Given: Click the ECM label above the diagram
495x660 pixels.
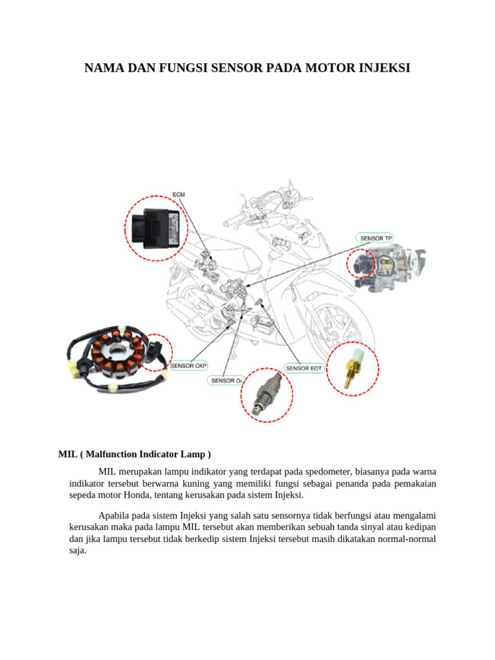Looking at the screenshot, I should click(179, 194).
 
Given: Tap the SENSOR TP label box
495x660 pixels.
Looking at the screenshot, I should click(376, 238).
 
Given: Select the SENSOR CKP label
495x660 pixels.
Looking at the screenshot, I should click(189, 366).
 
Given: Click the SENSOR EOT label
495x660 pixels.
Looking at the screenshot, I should click(304, 368).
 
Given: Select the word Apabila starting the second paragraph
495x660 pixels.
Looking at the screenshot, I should click(114, 515).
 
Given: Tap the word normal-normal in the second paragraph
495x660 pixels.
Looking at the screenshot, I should click(402, 539).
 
